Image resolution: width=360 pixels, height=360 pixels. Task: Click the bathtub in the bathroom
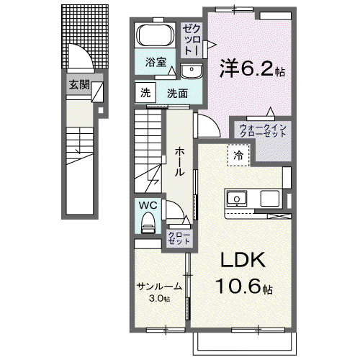click(156, 35)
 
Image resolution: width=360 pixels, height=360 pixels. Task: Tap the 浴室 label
click(156, 62)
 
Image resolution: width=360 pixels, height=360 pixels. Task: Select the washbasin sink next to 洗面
click(192, 71)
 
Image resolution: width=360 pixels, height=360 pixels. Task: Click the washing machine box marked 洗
click(145, 93)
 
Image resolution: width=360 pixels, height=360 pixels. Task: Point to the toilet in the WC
click(148, 223)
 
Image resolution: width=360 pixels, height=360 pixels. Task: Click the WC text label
click(148, 205)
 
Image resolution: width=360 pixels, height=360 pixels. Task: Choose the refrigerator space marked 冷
click(238, 156)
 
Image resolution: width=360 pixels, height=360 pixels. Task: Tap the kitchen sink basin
click(237, 199)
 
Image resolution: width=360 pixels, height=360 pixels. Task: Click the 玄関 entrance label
click(79, 84)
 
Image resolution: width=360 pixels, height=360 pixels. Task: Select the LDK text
click(243, 260)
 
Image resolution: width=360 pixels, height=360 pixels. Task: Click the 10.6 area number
click(238, 286)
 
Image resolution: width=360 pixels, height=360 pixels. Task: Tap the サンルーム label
click(159, 287)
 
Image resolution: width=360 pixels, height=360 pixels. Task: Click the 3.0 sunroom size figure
click(156, 298)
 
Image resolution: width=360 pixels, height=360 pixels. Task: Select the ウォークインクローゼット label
click(263, 130)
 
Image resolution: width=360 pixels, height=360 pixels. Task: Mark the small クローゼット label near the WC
click(179, 238)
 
